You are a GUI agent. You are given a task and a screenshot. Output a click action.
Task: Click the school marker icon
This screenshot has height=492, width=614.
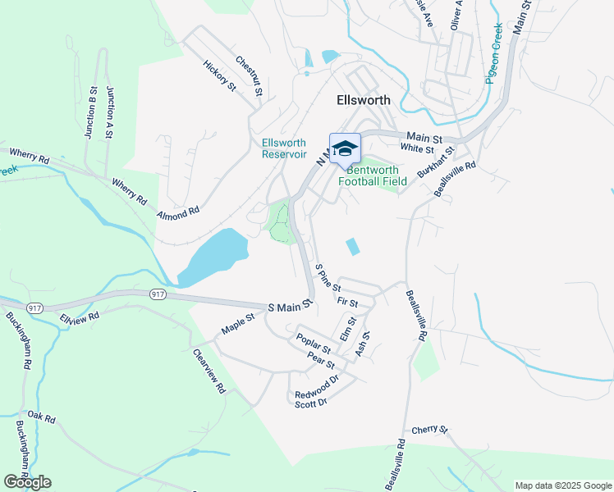coord(345,149)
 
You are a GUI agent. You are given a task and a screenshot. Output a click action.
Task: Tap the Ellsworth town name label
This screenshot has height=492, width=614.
coord(364,100)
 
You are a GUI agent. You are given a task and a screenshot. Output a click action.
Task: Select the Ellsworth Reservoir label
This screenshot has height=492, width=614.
coord(284,148)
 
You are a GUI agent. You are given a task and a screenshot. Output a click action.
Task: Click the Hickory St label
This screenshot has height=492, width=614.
coord(220,75)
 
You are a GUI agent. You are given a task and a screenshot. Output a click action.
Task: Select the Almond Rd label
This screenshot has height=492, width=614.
coord(180,212)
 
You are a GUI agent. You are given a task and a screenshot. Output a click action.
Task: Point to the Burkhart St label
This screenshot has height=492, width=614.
coord(435,163)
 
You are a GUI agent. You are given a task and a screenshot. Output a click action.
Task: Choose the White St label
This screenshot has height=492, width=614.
coord(417,148)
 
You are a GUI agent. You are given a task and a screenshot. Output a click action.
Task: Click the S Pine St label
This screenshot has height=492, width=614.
coord(328,277)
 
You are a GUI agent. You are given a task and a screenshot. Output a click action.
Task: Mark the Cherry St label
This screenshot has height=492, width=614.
coord(429,430)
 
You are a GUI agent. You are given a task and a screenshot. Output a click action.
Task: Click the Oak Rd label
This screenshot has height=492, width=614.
coord(40,418)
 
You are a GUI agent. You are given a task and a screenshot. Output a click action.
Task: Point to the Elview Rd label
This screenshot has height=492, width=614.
coord(82,316)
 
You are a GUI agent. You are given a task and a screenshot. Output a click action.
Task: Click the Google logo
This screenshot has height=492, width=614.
coord(27,482)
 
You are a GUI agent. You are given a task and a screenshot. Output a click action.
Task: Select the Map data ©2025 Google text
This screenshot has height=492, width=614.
coord(562,485)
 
